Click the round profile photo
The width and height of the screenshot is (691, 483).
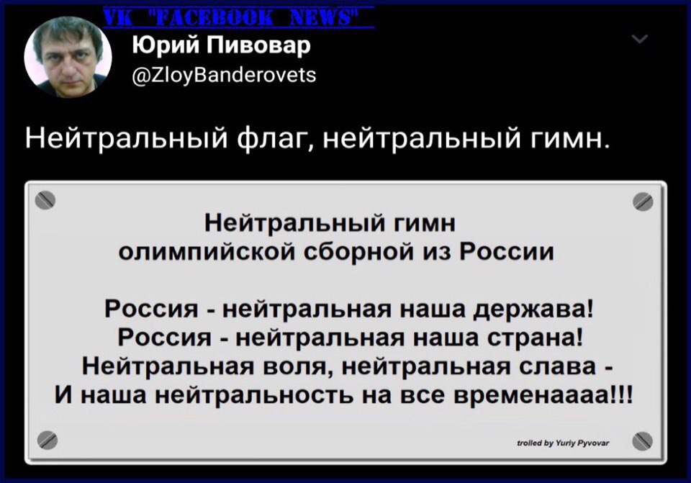pyautogui.click(x=68, y=57)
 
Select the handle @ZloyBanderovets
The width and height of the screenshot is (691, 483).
pyautogui.click(x=224, y=74)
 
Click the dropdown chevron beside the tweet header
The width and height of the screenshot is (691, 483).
pyautogui.click(x=639, y=39)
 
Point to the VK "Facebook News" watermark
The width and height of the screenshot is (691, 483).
pyautogui.click(x=238, y=17)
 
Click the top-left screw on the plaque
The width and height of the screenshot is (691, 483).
pyautogui.click(x=45, y=201)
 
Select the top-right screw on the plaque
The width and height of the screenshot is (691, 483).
pyautogui.click(x=643, y=202)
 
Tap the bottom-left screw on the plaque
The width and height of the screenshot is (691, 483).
pyautogui.click(x=47, y=440)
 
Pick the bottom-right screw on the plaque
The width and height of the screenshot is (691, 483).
pyautogui.click(x=642, y=441)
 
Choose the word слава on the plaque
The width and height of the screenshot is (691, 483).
pyautogui.click(x=556, y=366)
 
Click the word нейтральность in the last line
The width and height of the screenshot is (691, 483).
pyautogui.click(x=255, y=394)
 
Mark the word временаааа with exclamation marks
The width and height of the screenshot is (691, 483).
pyautogui.click(x=543, y=394)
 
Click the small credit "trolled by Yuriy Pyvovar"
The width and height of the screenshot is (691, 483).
pyautogui.click(x=563, y=443)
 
